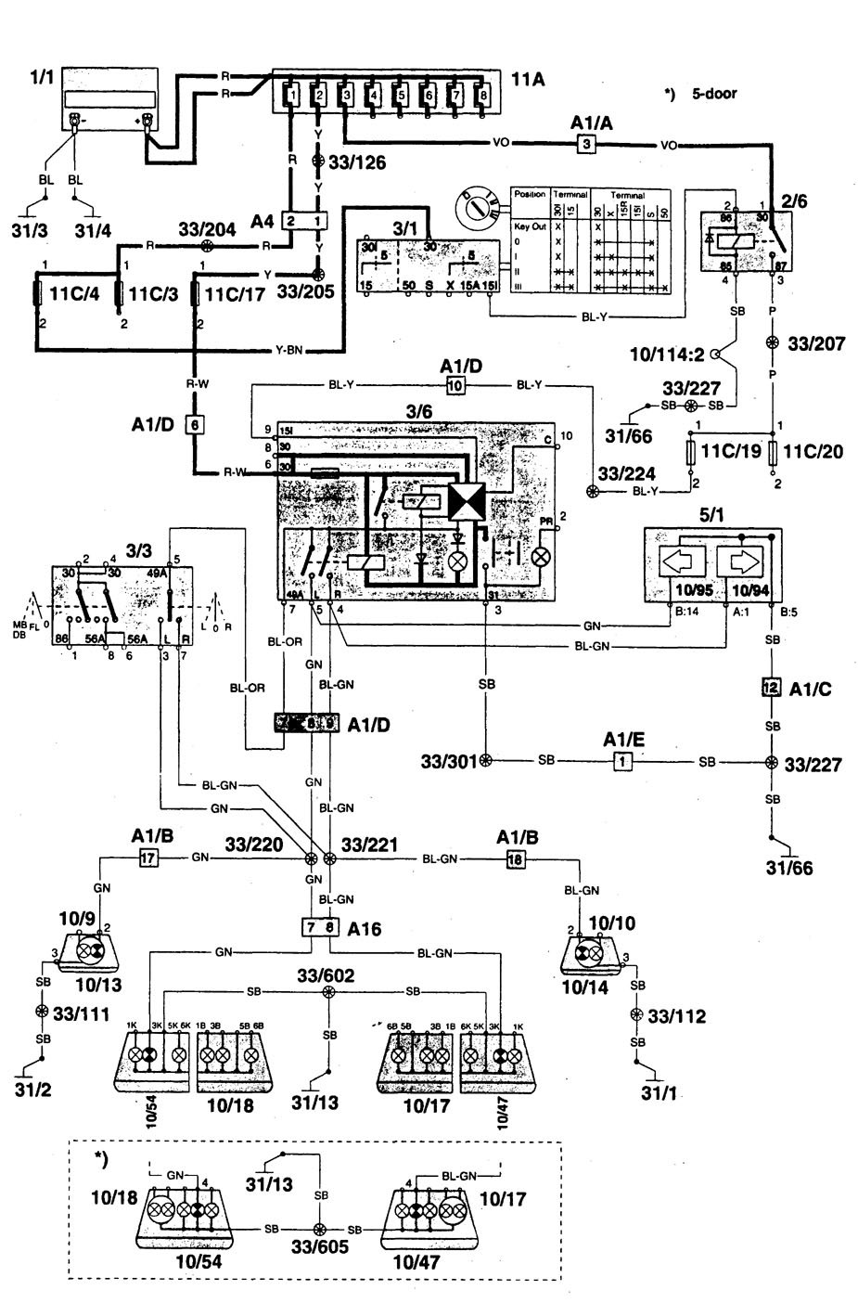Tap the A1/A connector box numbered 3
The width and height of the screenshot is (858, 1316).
(585, 144)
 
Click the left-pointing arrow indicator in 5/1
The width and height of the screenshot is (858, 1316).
(682, 561)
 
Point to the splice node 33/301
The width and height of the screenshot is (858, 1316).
(485, 761)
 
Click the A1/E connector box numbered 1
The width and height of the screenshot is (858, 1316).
(622, 762)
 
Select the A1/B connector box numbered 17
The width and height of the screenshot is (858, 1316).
(147, 858)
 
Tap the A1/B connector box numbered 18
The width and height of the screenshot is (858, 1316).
(514, 859)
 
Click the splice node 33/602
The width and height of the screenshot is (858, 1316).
(327, 992)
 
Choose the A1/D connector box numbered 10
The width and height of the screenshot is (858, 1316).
(455, 386)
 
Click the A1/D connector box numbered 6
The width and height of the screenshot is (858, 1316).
(194, 424)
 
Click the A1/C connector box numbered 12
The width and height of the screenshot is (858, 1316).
(769, 688)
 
